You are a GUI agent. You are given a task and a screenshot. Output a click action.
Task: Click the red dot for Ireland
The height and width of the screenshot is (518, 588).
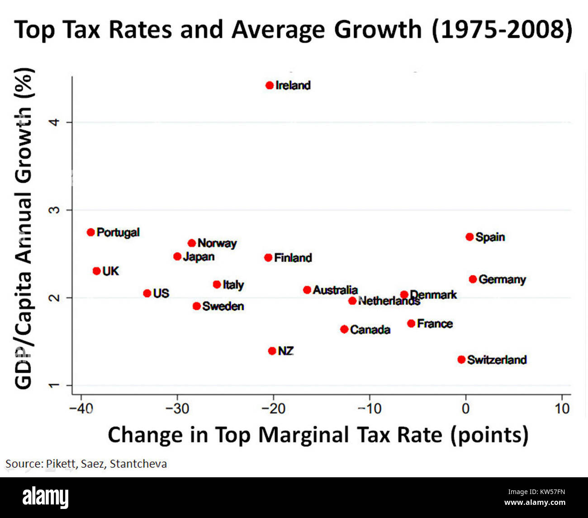(270, 85)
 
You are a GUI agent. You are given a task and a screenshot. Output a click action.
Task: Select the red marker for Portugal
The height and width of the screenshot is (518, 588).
(91, 232)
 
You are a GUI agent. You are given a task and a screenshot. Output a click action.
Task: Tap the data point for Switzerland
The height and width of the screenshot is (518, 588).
(461, 360)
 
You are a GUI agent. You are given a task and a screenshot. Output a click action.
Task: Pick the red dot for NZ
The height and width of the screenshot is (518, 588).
(272, 351)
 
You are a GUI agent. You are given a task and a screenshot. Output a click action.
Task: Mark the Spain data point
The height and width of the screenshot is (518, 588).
(469, 237)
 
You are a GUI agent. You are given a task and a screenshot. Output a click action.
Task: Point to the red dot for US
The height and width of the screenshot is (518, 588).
(147, 294)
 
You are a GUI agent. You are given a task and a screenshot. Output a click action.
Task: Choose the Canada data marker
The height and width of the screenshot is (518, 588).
(344, 329)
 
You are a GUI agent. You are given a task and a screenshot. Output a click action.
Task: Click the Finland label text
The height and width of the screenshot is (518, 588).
(293, 258)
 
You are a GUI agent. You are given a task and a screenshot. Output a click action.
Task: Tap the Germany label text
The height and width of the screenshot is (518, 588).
(502, 280)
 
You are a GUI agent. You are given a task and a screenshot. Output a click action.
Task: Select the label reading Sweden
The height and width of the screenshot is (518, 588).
(223, 306)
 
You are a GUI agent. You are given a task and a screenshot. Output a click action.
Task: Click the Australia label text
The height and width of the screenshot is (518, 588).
(335, 290)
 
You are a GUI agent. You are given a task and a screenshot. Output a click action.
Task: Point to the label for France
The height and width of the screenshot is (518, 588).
(435, 324)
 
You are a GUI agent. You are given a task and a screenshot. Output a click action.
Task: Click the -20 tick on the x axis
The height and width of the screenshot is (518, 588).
(273, 409)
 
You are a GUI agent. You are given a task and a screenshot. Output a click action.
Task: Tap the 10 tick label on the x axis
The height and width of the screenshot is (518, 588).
(562, 409)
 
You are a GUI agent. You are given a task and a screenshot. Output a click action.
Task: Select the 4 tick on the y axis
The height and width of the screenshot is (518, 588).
(55, 122)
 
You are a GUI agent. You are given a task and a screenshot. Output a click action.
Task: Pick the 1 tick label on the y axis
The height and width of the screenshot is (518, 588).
(55, 385)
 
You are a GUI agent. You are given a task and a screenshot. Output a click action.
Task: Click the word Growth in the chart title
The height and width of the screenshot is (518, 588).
(378, 30)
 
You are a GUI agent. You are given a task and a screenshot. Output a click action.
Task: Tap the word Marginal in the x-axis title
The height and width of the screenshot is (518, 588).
(303, 435)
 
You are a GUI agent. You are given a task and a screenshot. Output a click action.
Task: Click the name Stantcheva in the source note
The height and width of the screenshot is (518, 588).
(138, 464)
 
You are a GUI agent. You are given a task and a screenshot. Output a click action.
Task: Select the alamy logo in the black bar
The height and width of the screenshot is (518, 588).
(46, 497)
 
